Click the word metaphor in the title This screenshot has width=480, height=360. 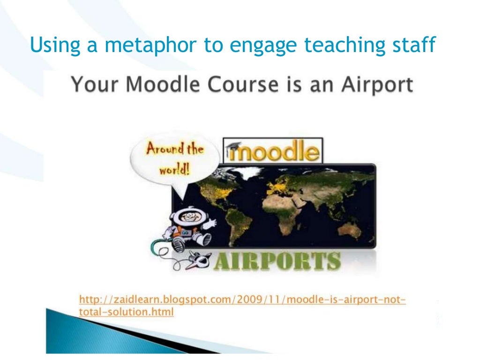(x=150, y=45)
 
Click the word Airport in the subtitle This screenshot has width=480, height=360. (x=377, y=85)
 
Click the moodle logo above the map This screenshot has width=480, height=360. (x=273, y=150)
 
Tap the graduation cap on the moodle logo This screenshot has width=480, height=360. (x=234, y=147)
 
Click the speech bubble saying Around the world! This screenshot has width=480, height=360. (x=175, y=160)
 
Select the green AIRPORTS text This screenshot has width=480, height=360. (x=277, y=261)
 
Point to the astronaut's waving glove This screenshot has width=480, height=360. (x=210, y=224)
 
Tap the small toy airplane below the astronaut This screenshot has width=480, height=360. (x=198, y=260)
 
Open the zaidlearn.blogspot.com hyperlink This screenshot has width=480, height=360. (x=242, y=305)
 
